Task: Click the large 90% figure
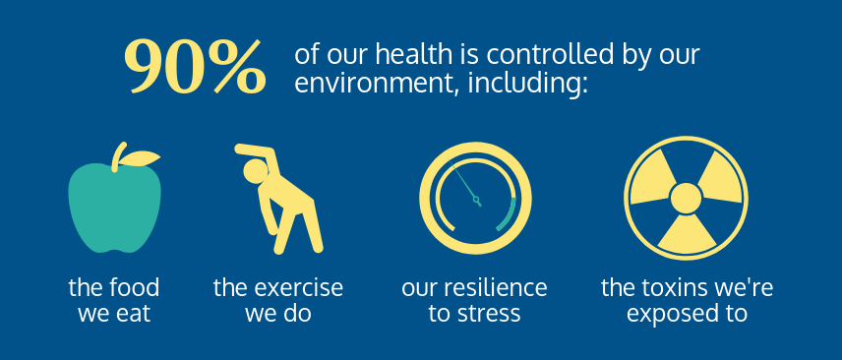[x=194, y=67]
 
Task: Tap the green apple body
[x=113, y=207]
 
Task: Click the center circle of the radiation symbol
[x=686, y=200]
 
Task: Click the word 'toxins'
[x=671, y=288]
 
